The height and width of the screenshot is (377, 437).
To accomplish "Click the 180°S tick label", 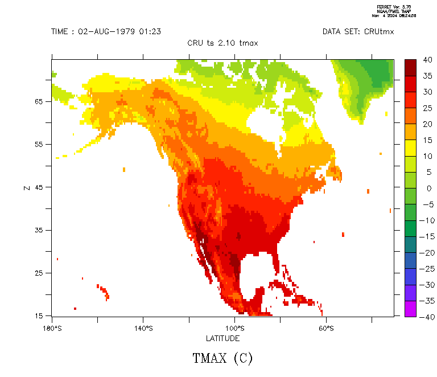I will [52, 329].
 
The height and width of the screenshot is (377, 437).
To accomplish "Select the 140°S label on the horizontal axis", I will [143, 329].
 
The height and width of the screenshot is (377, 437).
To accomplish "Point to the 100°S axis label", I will [234, 329].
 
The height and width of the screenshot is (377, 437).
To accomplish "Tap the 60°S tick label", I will [326, 329].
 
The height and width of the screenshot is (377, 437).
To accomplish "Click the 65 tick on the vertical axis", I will [39, 101].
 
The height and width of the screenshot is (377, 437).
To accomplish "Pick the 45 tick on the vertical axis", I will [39, 187].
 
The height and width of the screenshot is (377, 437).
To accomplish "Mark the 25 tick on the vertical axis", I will [39, 273].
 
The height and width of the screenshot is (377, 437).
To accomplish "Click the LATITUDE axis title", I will [222, 338].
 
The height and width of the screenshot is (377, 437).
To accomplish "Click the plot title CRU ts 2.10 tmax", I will [222, 43].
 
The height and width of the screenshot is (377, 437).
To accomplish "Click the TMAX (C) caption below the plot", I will [222, 358].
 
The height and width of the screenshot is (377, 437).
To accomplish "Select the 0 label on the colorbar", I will [428, 188].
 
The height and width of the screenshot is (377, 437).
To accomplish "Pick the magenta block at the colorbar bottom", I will [410, 308].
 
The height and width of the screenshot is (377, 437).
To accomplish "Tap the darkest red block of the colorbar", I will [410, 67].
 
